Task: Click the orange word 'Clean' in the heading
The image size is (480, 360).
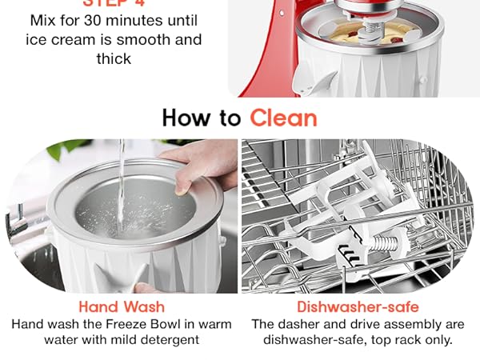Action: tap(283, 118)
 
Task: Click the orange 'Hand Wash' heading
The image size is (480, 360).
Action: tap(122, 306)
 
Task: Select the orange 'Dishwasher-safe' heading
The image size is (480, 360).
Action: tap(358, 306)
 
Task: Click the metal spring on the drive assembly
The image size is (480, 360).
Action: tap(381, 241)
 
